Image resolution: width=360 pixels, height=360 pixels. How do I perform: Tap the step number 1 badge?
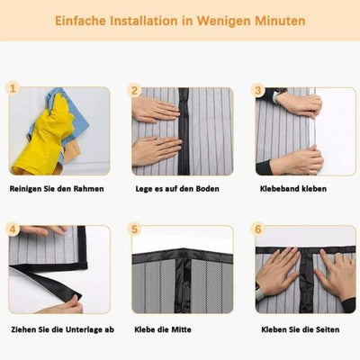pyautogui.click(x=13, y=90)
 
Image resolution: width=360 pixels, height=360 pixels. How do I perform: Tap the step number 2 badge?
pyautogui.click(x=135, y=90)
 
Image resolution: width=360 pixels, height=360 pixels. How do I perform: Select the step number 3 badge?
pyautogui.click(x=258, y=90)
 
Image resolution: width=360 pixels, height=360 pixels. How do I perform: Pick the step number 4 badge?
pyautogui.click(x=13, y=229)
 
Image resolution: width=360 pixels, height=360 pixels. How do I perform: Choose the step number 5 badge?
pyautogui.click(x=135, y=229)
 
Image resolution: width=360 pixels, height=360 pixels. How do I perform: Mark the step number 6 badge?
pyautogui.click(x=258, y=229)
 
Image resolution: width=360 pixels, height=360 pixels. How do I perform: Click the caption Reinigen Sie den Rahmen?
pyautogui.click(x=56, y=189)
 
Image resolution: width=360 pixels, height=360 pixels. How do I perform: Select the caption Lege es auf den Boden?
pyautogui.click(x=179, y=189)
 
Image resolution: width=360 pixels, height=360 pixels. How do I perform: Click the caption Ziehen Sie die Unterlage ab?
pyautogui.click(x=61, y=329)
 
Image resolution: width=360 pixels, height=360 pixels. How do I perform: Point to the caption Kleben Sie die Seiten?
pyautogui.click(x=300, y=329)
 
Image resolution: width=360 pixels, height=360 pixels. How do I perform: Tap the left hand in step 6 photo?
pyautogui.click(x=276, y=271)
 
